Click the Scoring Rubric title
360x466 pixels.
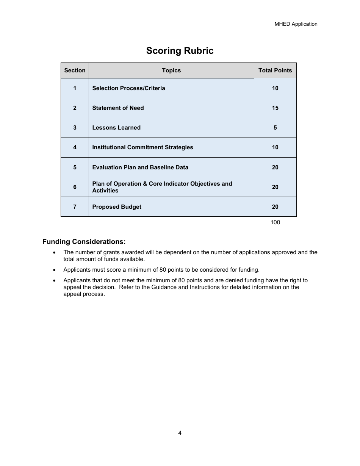[180, 51]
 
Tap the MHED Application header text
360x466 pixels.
[296, 24]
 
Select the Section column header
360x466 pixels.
[75, 70]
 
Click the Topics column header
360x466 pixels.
[171, 70]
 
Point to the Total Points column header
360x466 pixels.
[275, 70]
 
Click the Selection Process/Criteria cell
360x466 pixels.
[128, 88]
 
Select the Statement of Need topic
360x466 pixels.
[118, 108]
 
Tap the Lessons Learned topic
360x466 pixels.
[116, 128]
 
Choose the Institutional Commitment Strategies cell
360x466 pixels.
[142, 147]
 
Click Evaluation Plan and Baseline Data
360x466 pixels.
[140, 167]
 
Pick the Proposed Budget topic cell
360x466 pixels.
[117, 207]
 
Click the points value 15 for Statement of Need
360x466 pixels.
[275, 108]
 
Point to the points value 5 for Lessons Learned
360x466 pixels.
[275, 128]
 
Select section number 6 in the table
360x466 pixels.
[75, 187]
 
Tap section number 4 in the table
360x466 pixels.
[75, 147]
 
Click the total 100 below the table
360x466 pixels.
[275, 222]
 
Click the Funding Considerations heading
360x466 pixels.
[84, 242]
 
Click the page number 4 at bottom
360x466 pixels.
[180, 433]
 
